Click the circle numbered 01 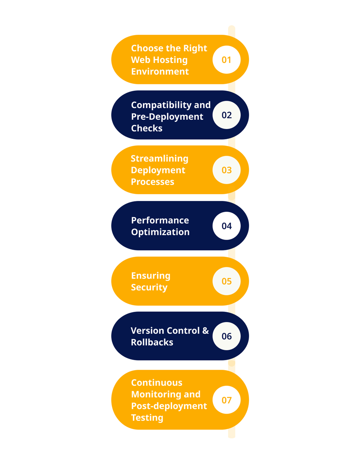pyautogui.click(x=226, y=60)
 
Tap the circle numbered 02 pyautogui.click(x=226, y=115)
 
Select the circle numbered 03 pyautogui.click(x=226, y=170)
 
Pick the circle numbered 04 pyautogui.click(x=226, y=226)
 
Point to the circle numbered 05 pyautogui.click(x=226, y=281)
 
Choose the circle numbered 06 pyautogui.click(x=226, y=336)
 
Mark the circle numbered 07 pyautogui.click(x=226, y=400)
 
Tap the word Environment pyautogui.click(x=160, y=71)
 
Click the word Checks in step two pyautogui.click(x=147, y=128)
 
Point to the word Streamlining pyautogui.click(x=159, y=159)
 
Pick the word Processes pyautogui.click(x=153, y=182)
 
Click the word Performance pyautogui.click(x=160, y=220)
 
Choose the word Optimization pyautogui.click(x=160, y=232)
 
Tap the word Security pyautogui.click(x=149, y=288)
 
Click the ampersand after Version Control pyautogui.click(x=205, y=330)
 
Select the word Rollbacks pyautogui.click(x=152, y=342)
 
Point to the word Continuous pyautogui.click(x=157, y=383)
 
